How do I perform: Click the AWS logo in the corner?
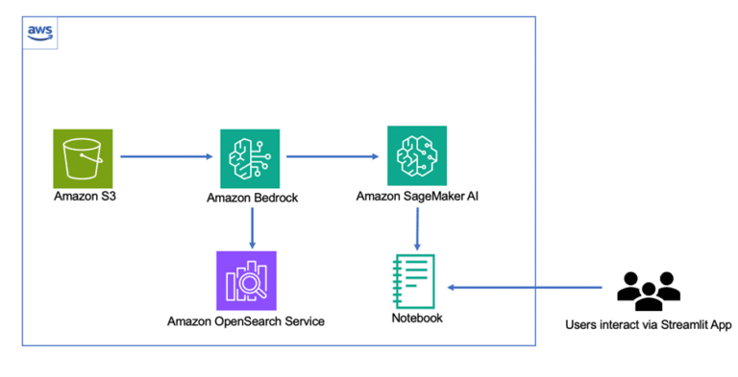coord(39,32)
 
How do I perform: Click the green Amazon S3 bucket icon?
coord(83,158)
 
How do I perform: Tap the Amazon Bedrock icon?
coord(250,158)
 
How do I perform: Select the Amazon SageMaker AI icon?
coord(416,155)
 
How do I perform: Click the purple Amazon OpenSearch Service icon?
coord(246,281)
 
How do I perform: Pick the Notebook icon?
coord(416,282)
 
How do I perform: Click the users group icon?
coord(648,290)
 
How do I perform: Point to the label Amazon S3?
coord(84,197)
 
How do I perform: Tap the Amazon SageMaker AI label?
coord(416,196)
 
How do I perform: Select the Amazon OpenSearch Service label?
coord(246,321)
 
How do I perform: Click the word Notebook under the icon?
coord(417,318)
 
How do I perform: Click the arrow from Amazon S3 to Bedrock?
coord(166,154)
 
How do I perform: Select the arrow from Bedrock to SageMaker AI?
coord(332,154)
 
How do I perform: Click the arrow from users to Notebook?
coord(528,286)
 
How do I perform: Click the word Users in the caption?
coord(581,325)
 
